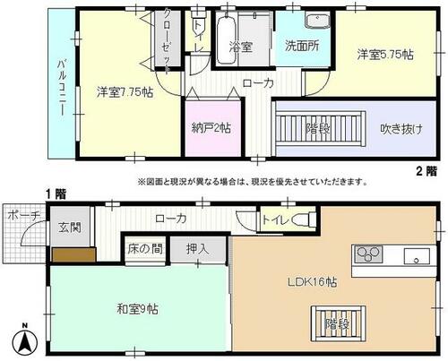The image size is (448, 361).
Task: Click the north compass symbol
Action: click(x=25, y=340)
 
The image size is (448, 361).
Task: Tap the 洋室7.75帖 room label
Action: click(x=125, y=92)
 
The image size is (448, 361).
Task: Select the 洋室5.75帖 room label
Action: click(x=385, y=55)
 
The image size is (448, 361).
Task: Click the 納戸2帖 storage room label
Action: click(x=211, y=128)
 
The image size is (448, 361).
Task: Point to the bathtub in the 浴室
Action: click(x=226, y=39)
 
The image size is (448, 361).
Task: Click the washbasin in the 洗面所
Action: click(x=317, y=21)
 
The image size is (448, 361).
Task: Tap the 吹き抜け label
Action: click(x=401, y=129)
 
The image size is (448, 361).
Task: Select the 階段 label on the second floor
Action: click(x=317, y=129)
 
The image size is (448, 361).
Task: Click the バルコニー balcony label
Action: click(x=62, y=88)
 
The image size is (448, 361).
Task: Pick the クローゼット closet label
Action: click(x=168, y=41)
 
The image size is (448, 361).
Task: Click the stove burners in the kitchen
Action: click(x=368, y=254)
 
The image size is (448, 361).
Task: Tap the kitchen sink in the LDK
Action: click(x=417, y=256)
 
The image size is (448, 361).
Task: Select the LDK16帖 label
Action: click(x=313, y=282)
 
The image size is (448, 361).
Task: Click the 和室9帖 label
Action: click(x=137, y=309)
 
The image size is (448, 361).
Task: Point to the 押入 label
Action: click(x=197, y=248)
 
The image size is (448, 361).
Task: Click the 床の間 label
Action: click(x=145, y=248)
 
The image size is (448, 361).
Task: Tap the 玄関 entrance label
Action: click(x=70, y=228)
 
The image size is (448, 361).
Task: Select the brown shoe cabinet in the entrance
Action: click(x=74, y=254)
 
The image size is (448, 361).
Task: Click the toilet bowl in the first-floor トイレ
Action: click(x=304, y=220)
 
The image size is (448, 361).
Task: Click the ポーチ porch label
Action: click(x=23, y=215)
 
